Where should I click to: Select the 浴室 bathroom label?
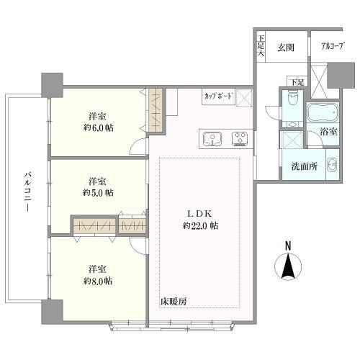(x=328, y=132)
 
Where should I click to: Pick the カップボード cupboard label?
(x=218, y=95)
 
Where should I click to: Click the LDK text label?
(x=201, y=213)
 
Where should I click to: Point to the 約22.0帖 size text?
(x=201, y=226)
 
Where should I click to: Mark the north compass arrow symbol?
(x=288, y=270)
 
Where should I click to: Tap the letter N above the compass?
(x=288, y=246)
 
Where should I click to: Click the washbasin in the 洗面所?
(x=332, y=165)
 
